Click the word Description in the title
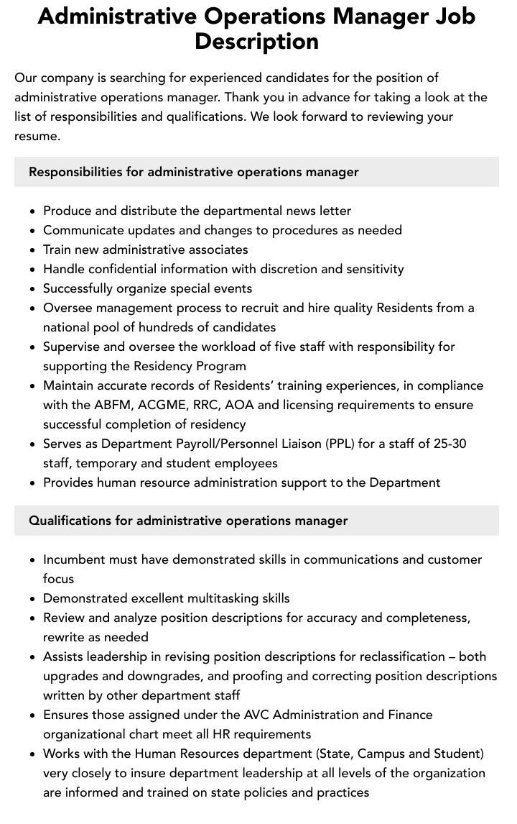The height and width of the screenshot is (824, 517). (x=256, y=41)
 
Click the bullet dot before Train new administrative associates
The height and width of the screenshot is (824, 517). (x=33, y=250)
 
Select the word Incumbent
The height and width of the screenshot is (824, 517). (x=75, y=559)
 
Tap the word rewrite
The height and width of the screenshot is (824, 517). (x=65, y=637)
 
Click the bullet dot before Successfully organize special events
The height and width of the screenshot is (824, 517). (x=33, y=289)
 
